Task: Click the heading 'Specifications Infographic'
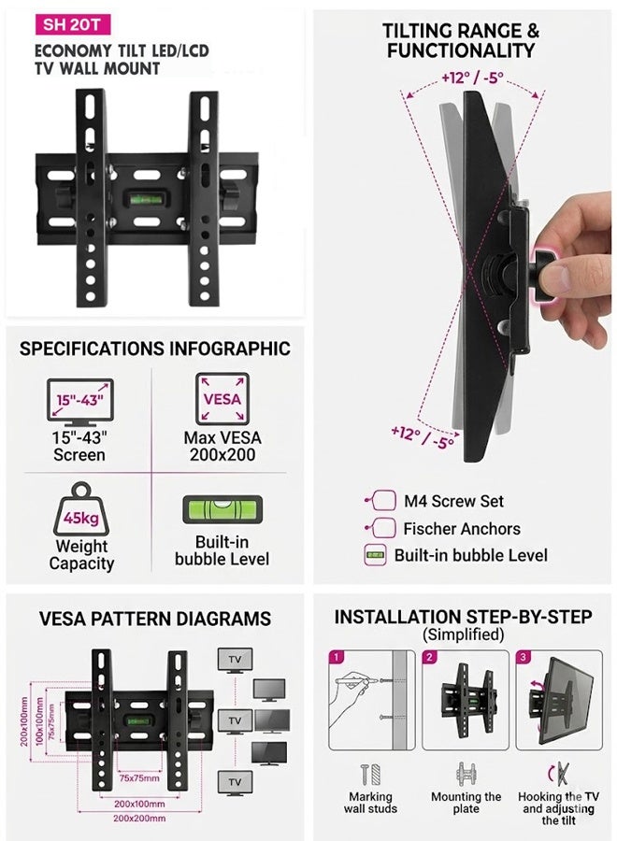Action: point(155,349)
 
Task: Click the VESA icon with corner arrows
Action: point(222,399)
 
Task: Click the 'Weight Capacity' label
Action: point(81,555)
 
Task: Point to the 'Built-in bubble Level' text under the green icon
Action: point(222,550)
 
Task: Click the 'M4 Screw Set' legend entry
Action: point(453,502)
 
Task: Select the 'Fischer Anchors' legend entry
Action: point(461,528)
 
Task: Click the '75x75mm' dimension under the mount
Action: point(139,777)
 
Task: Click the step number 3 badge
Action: point(524,658)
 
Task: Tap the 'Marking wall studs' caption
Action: point(371,803)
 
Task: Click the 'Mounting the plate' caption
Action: point(466,803)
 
